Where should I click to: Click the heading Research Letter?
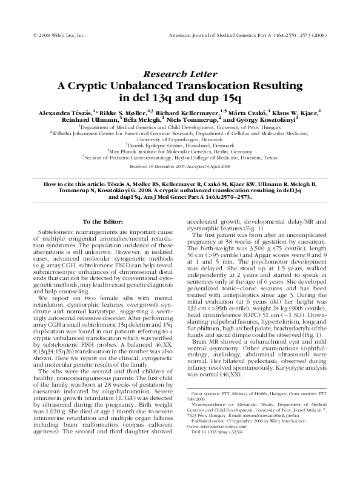tap(179, 73)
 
